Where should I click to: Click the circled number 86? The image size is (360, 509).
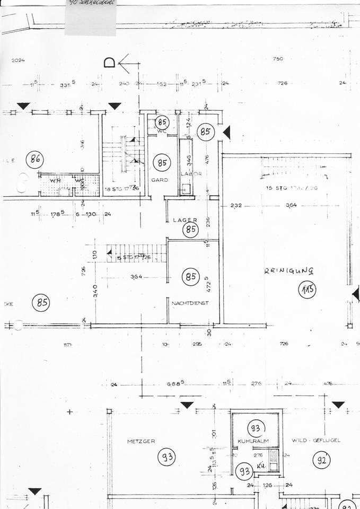[x=36, y=159]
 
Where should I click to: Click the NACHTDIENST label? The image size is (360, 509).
[x=190, y=303]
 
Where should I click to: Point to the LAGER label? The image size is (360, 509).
[x=185, y=220]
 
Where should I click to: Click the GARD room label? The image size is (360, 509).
[x=160, y=180]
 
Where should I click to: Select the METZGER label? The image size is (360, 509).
[x=141, y=441]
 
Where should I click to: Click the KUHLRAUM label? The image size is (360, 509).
[x=253, y=441]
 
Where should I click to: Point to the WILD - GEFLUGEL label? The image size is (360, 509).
[x=315, y=440]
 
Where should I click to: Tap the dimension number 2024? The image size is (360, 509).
[x=19, y=60]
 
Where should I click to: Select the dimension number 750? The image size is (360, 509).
[x=278, y=59]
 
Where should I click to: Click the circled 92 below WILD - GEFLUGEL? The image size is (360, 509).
[x=321, y=460]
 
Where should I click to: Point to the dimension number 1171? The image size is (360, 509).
[x=67, y=345]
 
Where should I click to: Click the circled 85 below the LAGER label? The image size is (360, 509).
[x=190, y=230]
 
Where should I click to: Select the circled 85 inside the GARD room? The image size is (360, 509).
[x=162, y=163]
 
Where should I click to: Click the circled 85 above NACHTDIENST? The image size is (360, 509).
[x=190, y=276]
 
